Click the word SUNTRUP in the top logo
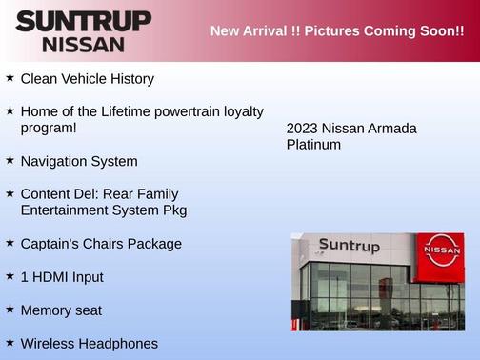pyautogui.click(x=83, y=21)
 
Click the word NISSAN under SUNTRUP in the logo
pyautogui.click(x=83, y=44)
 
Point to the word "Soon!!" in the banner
pyautogui.click(x=441, y=31)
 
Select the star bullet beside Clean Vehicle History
pyautogui.click(x=10, y=77)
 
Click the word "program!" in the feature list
pyautogui.click(x=49, y=128)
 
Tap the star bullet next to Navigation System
pyautogui.click(x=10, y=160)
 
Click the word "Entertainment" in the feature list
pyautogui.click(x=65, y=210)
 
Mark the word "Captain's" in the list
pyautogui.click(x=50, y=244)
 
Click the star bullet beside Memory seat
pyautogui.click(x=10, y=309)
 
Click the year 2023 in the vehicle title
pyautogui.click(x=303, y=129)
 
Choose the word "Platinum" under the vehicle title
pyautogui.click(x=313, y=145)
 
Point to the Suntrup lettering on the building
pyautogui.click(x=349, y=246)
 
